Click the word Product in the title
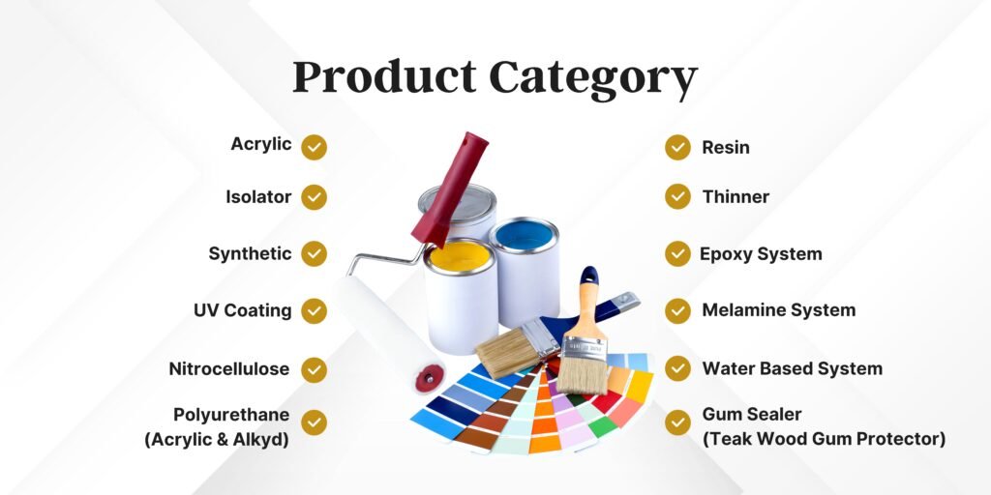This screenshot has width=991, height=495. click(x=384, y=77)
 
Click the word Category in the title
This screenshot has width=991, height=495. click(x=593, y=79)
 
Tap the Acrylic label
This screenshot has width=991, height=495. click(x=261, y=145)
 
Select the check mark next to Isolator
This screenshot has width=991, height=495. click(x=314, y=197)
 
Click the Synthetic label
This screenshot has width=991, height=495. click(x=251, y=254)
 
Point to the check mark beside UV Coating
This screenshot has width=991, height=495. click(x=314, y=310)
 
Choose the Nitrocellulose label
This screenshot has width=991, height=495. click(x=228, y=368)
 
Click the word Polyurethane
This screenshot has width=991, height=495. click(x=231, y=415)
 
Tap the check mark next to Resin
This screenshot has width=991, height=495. click(x=677, y=147)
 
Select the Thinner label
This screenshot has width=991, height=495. click(x=736, y=197)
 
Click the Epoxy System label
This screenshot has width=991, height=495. click(x=761, y=254)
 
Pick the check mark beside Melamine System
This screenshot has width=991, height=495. click(x=677, y=310)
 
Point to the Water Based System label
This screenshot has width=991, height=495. click(x=793, y=368)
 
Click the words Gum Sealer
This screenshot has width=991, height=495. click(x=752, y=415)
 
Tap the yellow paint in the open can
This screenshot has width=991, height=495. click(x=460, y=256)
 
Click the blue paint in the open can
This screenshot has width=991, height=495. click(x=524, y=235)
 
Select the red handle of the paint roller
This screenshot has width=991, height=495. click(x=451, y=189)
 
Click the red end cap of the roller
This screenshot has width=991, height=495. click(x=429, y=379)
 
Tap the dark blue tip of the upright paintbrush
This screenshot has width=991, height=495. click(x=589, y=275)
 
